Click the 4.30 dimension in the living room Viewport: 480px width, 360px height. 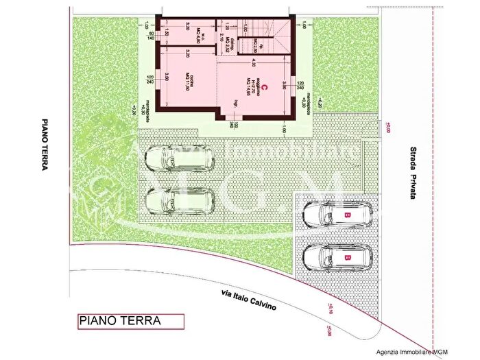253,63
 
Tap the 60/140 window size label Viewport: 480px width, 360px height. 151,36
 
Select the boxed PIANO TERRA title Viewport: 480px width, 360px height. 130,320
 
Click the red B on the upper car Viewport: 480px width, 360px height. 348,215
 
